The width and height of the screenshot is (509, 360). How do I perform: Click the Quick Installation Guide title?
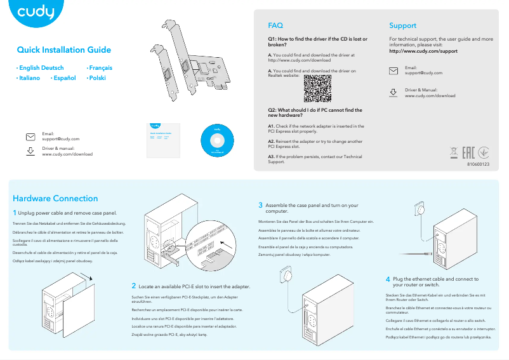pos(63,50)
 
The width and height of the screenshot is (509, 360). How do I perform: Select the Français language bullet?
pos(100,67)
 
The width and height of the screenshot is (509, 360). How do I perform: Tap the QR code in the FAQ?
pos(317,88)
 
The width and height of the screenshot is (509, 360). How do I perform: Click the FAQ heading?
pos(275,26)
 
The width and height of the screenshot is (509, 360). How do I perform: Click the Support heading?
pos(402,26)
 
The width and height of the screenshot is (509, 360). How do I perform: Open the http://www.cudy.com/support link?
pos(423,51)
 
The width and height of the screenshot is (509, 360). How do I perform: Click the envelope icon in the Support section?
pos(393,70)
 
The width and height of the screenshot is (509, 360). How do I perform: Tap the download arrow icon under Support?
pos(393,93)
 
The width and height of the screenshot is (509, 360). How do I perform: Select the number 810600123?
pos(478,164)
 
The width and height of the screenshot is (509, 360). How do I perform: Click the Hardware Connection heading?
pos(55,199)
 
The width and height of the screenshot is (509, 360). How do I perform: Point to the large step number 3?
pos(260,205)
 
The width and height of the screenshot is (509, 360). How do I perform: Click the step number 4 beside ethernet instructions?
pos(388,279)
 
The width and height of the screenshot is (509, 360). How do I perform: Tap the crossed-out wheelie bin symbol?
pos(453,152)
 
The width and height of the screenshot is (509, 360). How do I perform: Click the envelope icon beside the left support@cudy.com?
pos(30,137)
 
